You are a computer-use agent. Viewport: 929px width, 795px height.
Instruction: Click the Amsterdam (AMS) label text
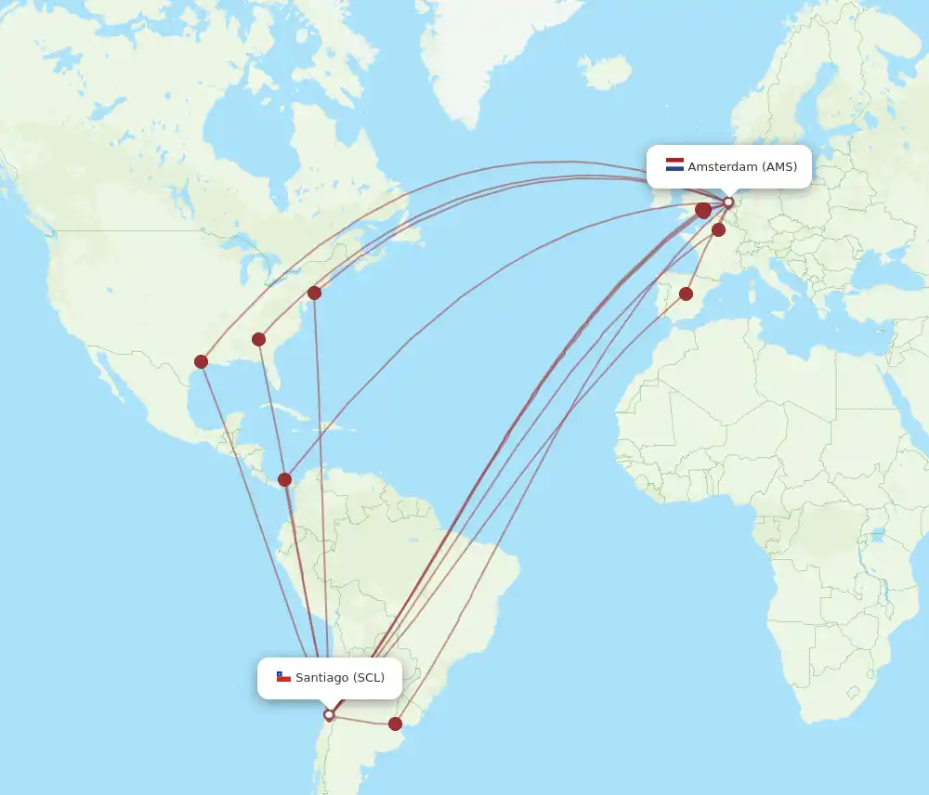[x=741, y=167]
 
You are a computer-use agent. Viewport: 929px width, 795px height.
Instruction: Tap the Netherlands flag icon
[x=674, y=165]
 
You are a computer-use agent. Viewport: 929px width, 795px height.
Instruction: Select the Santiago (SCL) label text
[x=339, y=677]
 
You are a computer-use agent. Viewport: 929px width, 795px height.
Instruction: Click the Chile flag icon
[x=283, y=677]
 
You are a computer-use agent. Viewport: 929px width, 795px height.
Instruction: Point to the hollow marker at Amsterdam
[x=728, y=202]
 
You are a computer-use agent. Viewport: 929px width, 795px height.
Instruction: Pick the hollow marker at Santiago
[x=329, y=714]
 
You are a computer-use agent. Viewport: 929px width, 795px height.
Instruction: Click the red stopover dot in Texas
[x=201, y=361]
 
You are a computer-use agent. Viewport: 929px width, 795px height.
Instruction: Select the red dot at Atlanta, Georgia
[x=258, y=339]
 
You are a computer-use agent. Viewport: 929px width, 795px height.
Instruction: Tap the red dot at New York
[x=314, y=293]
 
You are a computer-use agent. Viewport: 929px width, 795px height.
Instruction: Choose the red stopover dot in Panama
[x=284, y=479]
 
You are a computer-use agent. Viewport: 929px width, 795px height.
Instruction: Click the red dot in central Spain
[x=686, y=293]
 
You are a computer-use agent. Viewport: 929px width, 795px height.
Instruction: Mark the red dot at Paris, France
[x=718, y=229]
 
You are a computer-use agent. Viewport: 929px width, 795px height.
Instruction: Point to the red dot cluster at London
[x=703, y=211]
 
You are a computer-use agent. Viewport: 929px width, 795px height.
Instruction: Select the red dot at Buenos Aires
[x=395, y=723]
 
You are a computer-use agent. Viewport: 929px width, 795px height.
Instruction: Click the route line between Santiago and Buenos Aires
[x=362, y=720]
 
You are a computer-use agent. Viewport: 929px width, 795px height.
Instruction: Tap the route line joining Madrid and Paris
[x=701, y=262]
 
